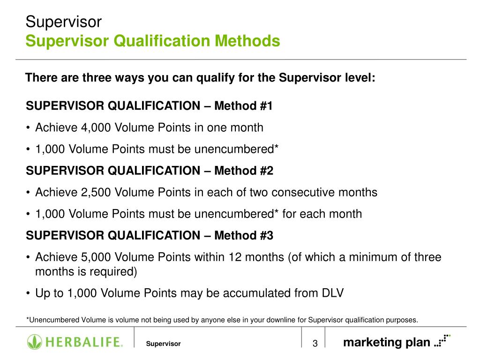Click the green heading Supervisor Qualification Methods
[153, 41]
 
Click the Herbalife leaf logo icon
[34, 342]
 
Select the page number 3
[315, 344]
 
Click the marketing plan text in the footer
[386, 342]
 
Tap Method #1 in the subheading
[243, 106]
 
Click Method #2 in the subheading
[243, 171]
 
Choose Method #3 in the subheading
[243, 235]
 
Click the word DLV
[332, 293]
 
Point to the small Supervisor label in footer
[163, 344]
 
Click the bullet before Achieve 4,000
[29, 128]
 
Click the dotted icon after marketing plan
[442, 340]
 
